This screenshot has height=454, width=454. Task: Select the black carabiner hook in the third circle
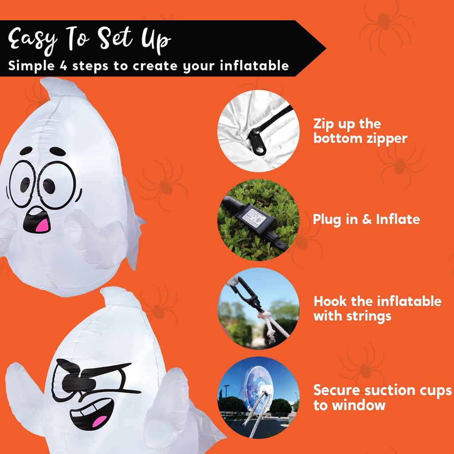pyautogui.click(x=246, y=291)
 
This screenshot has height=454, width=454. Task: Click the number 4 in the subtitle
pyautogui.click(x=62, y=66)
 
